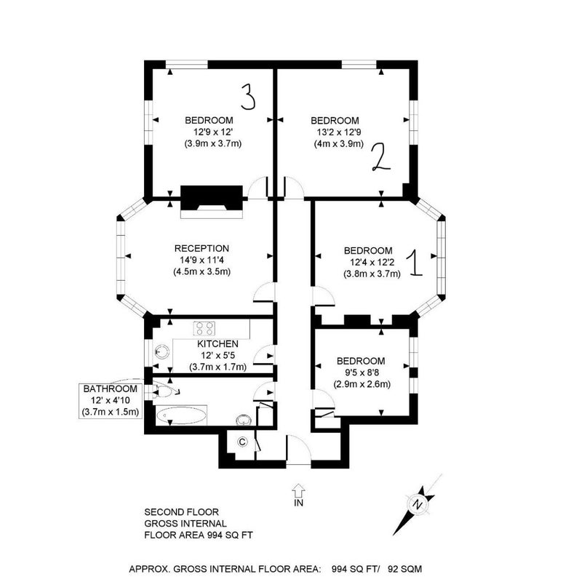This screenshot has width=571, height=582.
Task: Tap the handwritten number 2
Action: point(381,157)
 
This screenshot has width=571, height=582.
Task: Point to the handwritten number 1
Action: point(415,263)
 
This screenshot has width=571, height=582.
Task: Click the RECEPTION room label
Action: point(201,248)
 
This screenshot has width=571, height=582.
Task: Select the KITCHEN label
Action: point(217,343)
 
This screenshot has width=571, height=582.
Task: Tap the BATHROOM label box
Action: point(111,401)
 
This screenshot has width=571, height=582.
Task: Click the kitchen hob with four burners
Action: point(204,329)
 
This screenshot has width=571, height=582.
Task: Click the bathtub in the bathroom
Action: point(181,416)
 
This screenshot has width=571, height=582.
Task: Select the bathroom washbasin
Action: point(244,420)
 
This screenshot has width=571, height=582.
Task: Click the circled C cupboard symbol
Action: point(242,442)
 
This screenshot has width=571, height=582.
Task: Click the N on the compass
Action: point(419,504)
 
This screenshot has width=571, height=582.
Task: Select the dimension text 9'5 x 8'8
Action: point(361,372)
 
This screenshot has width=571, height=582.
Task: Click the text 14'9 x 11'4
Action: point(201,260)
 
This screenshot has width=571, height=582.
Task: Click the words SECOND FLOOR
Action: point(181,512)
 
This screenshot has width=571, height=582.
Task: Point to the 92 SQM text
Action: point(404,569)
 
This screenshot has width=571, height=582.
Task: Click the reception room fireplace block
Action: point(212,198)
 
